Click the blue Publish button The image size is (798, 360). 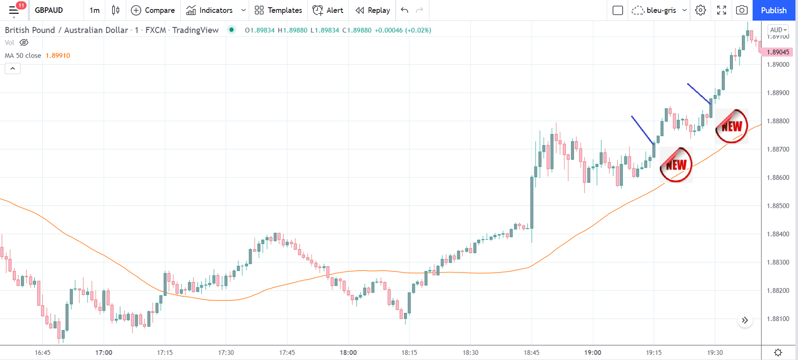pyautogui.click(x=773, y=10)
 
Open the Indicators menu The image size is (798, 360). pyautogui.click(x=210, y=10)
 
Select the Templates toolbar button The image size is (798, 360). pyautogui.click(x=278, y=10)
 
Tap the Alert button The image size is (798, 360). pyautogui.click(x=328, y=10)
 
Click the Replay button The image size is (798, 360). pyautogui.click(x=373, y=10)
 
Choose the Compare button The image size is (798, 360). pyautogui.click(x=153, y=10)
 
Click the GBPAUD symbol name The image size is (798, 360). pyautogui.click(x=49, y=10)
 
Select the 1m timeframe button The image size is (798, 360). pyautogui.click(x=95, y=10)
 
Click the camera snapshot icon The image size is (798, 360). pyautogui.click(x=741, y=10)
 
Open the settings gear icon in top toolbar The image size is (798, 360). pyautogui.click(x=701, y=10)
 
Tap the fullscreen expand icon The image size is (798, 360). pyautogui.click(x=721, y=10)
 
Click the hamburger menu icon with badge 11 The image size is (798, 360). pyautogui.click(x=14, y=10)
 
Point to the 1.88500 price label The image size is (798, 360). pyautogui.click(x=778, y=206)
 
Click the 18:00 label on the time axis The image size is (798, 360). pyautogui.click(x=348, y=352)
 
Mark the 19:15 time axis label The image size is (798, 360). pyautogui.click(x=654, y=352)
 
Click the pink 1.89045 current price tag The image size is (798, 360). pyautogui.click(x=778, y=52)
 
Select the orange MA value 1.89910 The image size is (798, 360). pyautogui.click(x=58, y=56)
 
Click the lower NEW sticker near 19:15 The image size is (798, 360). pyautogui.click(x=676, y=165)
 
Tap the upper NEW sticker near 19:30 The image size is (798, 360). pyautogui.click(x=731, y=126)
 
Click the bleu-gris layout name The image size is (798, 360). pyautogui.click(x=661, y=10)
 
